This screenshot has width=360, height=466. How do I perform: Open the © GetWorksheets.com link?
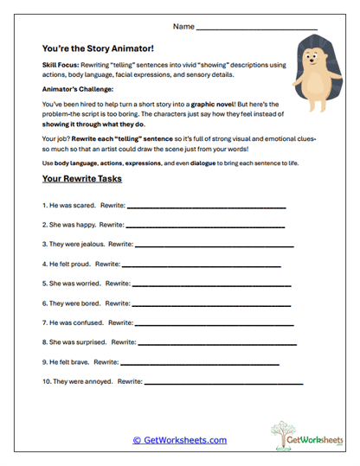point(180,440)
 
